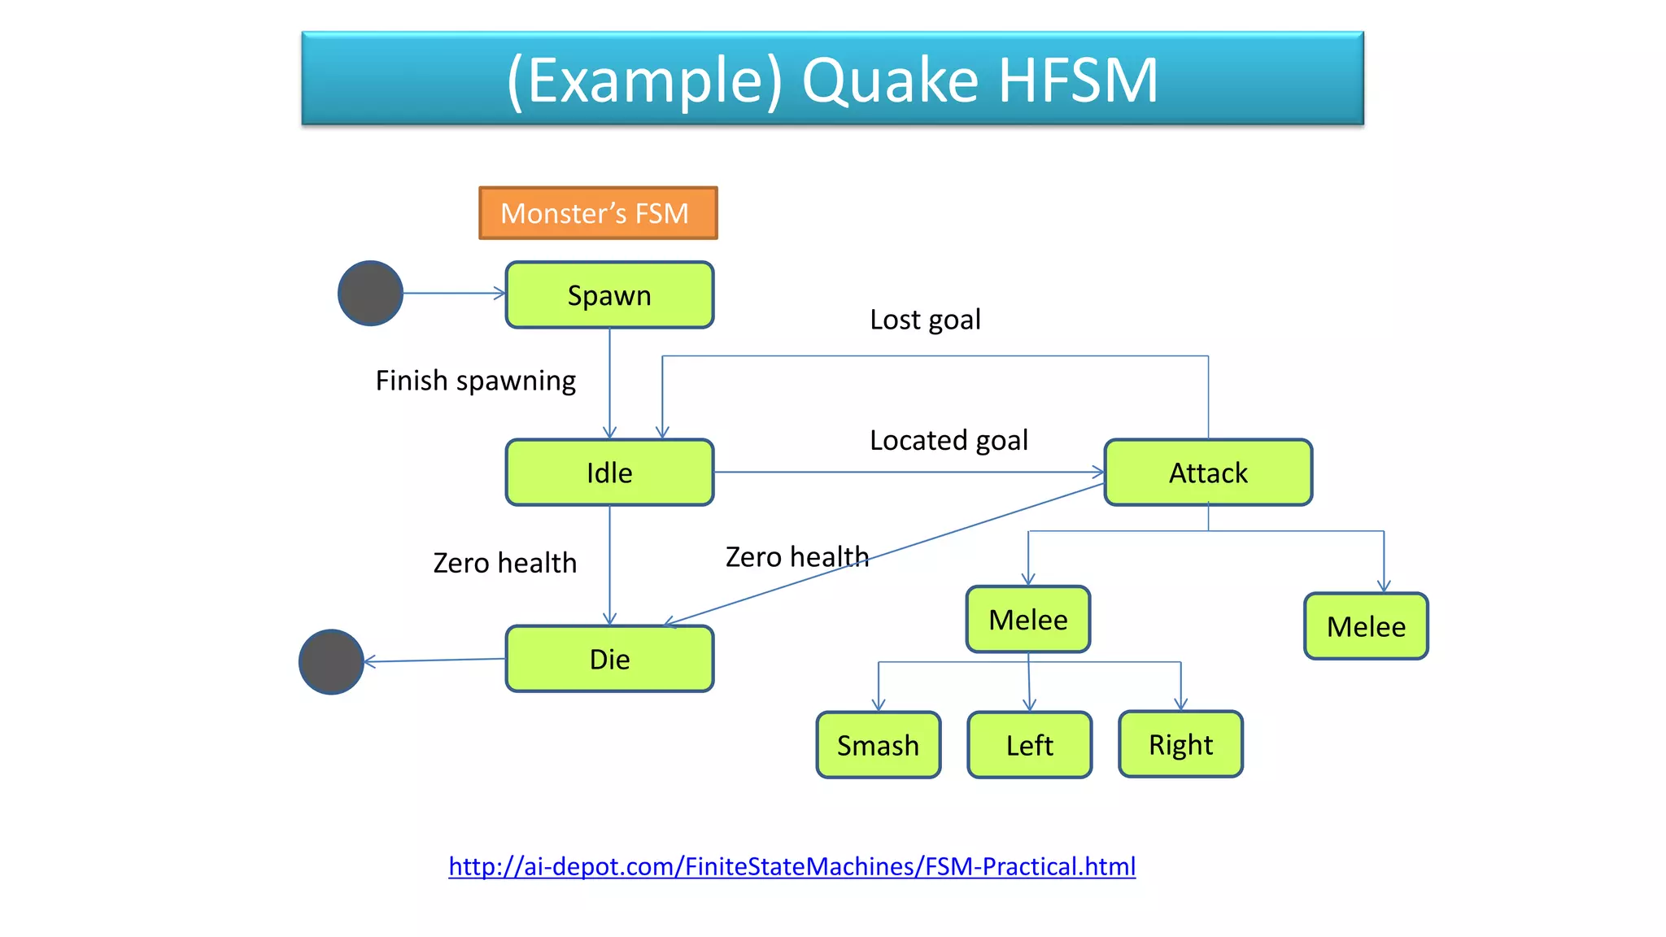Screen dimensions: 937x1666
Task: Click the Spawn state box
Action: [609, 295]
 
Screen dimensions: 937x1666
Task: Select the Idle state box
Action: [609, 473]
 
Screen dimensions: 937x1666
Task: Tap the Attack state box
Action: [1208, 473]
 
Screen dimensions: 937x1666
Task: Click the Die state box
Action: [609, 659]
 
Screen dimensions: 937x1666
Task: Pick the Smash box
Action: [878, 745]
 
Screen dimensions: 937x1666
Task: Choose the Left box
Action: [1029, 745]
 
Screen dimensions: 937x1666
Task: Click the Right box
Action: [1180, 744]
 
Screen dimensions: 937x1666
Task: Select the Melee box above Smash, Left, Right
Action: [1027, 620]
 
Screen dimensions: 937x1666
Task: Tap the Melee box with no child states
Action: [1366, 626]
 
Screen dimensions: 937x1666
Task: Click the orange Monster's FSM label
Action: [598, 213]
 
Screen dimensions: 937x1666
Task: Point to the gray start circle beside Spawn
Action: [370, 293]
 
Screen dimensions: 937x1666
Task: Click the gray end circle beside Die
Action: [331, 662]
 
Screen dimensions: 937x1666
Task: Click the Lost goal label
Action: [925, 320]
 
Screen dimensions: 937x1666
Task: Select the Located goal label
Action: [949, 440]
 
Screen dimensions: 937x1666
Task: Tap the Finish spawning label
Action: [476, 381]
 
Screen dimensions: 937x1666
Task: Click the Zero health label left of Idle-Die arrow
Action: [504, 563]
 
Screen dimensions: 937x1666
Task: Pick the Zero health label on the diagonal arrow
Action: [797, 557]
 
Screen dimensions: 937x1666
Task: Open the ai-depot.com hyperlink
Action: [792, 866]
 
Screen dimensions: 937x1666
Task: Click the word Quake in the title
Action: [890, 81]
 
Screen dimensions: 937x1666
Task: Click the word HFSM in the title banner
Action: [1078, 81]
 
